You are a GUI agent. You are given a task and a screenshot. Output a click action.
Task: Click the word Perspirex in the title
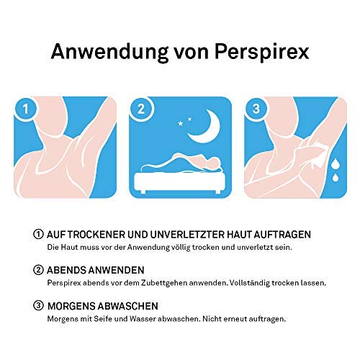pyautogui.click(x=261, y=53)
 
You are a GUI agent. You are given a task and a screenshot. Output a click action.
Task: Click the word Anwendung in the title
pyautogui.click(x=109, y=51)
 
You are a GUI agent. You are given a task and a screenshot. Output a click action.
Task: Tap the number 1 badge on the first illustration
pyautogui.click(x=25, y=109)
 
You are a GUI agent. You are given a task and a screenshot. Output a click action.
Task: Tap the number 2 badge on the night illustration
pyautogui.click(x=141, y=109)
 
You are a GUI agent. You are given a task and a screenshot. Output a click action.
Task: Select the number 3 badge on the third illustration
pyautogui.click(x=256, y=109)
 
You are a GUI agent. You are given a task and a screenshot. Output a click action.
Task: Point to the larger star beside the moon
pyautogui.click(x=180, y=123)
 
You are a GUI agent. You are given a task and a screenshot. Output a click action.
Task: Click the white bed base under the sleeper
pyautogui.click(x=179, y=181)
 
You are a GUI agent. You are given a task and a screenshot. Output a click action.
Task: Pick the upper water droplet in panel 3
pyautogui.click(x=336, y=163)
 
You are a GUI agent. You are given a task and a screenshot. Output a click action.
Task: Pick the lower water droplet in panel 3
pyautogui.click(x=336, y=177)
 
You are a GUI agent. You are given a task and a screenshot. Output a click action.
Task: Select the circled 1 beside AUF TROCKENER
pyautogui.click(x=38, y=234)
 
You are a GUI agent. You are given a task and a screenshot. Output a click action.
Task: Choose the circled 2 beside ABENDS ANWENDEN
pyautogui.click(x=38, y=270)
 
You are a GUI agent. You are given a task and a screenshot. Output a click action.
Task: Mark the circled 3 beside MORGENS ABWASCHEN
pyautogui.click(x=38, y=306)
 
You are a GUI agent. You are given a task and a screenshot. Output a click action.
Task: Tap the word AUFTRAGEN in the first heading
pyautogui.click(x=282, y=235)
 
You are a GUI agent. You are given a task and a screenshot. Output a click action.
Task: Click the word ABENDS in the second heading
pyautogui.click(x=66, y=270)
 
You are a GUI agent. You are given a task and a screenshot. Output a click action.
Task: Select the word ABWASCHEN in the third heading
pyautogui.click(x=128, y=306)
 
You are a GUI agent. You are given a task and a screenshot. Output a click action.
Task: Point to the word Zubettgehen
pyautogui.click(x=163, y=283)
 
